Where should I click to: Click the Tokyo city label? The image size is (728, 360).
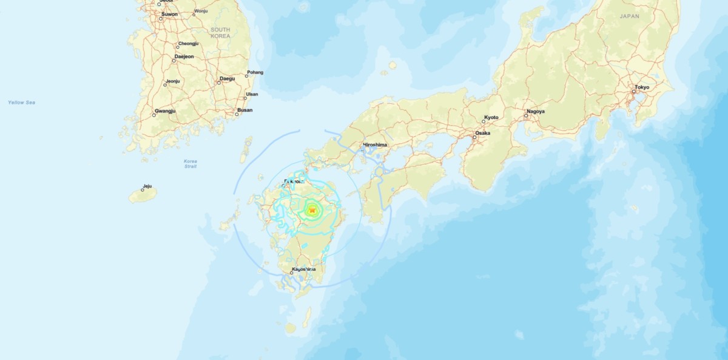coord(642,87)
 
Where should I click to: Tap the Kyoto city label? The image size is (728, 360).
coord(491,117)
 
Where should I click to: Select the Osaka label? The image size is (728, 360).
coord(483,132)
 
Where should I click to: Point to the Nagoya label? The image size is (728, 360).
coord(536,112)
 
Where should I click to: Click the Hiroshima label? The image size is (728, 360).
coord(374,146)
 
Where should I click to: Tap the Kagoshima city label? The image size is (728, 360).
coord(303,268)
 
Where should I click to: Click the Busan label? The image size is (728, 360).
coord(245,110)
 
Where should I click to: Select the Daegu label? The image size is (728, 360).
coord(227,78)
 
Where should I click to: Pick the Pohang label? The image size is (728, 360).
coord(255,73)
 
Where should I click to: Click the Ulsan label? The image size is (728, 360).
coord(252,94)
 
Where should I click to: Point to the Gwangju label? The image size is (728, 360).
coord(165,111)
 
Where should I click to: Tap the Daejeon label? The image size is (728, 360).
coord(184,56)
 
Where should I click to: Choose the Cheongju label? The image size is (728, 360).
coord(188,44)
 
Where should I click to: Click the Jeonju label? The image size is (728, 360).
coord(173,81)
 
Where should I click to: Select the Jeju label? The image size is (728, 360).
coord(147,186)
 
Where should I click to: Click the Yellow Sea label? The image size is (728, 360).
coord(22,103)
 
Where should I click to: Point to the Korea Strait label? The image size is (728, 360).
coord(190,164)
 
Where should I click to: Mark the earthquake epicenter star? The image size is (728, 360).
coord(312,210)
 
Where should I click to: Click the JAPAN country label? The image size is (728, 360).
coord(630,16)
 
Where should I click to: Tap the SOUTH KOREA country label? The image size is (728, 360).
coord(221,33)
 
